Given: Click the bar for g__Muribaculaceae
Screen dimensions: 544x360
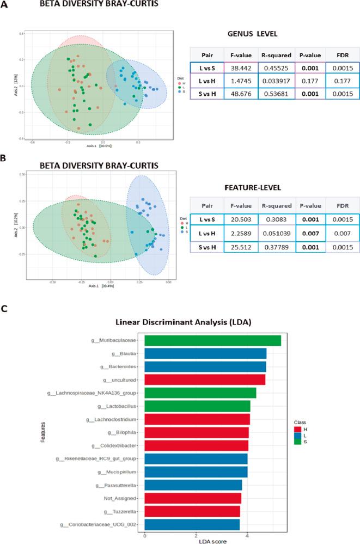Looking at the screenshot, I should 212,340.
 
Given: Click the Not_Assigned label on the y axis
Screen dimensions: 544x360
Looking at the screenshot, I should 120,498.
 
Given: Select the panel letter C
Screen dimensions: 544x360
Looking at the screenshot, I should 4,308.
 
